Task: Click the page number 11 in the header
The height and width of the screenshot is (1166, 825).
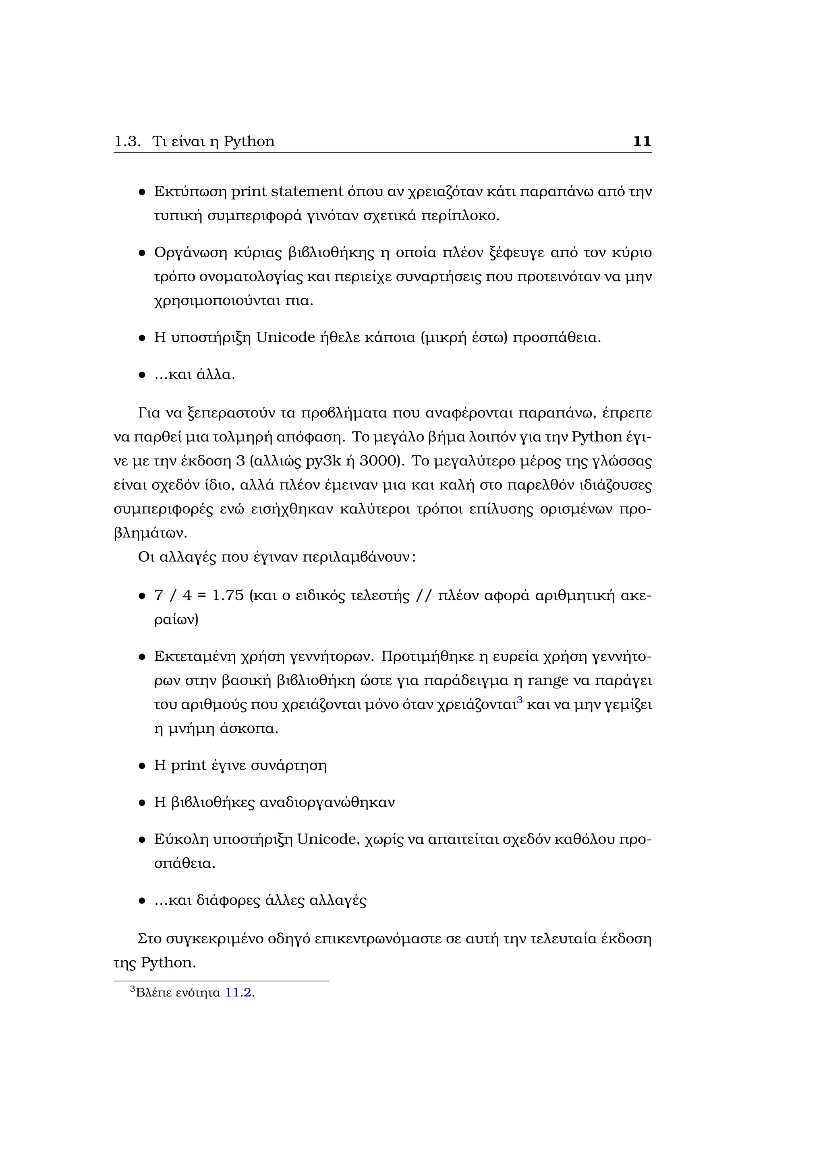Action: coord(642,141)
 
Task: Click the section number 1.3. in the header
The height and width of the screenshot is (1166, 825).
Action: coord(127,142)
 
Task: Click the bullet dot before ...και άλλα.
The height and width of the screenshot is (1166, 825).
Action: coord(142,376)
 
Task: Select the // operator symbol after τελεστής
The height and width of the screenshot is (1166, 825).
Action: coord(423,596)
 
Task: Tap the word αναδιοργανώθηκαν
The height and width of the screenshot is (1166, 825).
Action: coord(327,803)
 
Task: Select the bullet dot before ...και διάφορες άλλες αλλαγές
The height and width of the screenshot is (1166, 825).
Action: coord(142,901)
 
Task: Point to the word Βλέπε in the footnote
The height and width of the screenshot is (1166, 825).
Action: coord(154,993)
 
